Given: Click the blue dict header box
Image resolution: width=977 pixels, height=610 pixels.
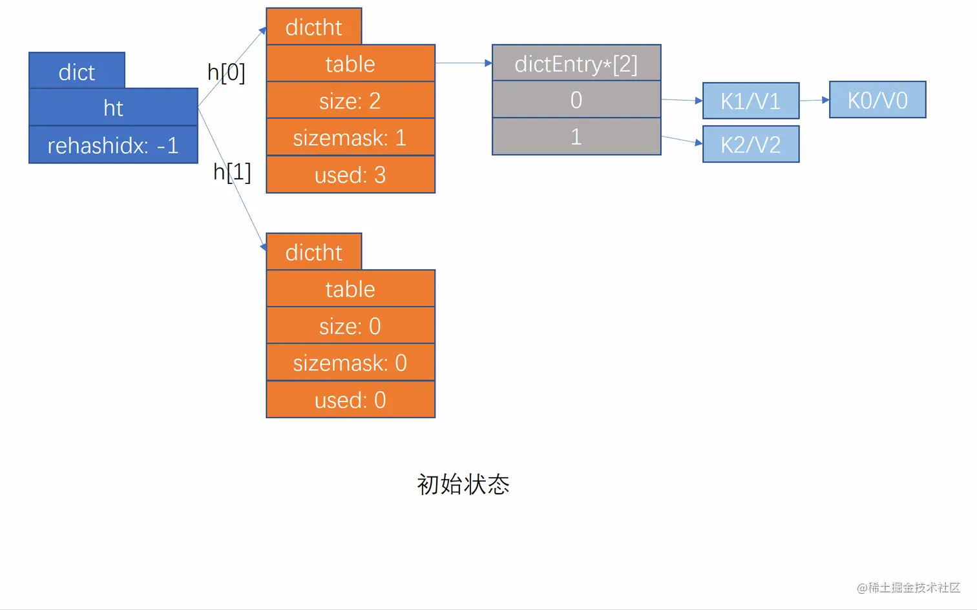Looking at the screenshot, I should coord(77,71).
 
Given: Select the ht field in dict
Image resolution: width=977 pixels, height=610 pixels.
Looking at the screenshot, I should coord(113,107).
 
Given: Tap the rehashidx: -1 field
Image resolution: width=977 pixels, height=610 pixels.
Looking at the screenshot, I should coord(113,145).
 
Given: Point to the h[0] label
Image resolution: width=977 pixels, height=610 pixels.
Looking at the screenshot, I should coord(226,72).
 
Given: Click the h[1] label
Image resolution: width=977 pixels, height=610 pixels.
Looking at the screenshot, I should coord(232,172).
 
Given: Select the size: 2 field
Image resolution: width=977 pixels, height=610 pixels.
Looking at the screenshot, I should coord(350,100).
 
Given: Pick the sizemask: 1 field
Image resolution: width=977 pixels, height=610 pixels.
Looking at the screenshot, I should coord(350,137).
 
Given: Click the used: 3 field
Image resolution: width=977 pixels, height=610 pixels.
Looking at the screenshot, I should coord(350,174).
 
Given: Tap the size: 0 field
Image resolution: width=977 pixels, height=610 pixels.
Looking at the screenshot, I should coord(350,325).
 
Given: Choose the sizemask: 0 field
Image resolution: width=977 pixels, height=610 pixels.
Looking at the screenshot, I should coord(350,362).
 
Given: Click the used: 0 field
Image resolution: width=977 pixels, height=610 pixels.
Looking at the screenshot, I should coord(350,400).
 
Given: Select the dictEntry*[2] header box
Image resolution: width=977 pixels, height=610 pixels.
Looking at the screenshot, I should coord(576,63).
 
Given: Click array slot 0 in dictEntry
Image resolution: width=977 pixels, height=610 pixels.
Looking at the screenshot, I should coord(576,99).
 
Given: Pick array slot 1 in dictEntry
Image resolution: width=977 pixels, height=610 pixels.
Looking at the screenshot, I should coord(576,136).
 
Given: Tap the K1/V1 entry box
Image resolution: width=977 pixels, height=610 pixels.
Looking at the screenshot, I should coord(750,101).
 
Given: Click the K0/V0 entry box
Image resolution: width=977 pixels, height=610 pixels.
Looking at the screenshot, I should coord(877,99).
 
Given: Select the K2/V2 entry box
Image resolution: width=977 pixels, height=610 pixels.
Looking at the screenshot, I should coord(750,144).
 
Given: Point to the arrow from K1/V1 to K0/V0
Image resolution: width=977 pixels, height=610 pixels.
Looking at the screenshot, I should coord(814,100).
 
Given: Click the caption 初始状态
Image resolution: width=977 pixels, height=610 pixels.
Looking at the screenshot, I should coord(463,484).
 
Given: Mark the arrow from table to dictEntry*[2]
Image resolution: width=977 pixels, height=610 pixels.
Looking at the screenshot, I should coord(463,63).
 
